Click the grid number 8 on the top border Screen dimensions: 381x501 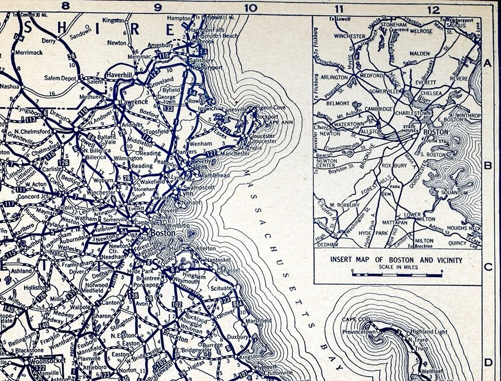[x=65, y=7]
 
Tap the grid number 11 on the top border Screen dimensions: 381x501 [x=339, y=8]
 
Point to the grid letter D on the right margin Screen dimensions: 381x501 [x=488, y=362]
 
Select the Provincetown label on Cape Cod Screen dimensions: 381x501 [x=359, y=332]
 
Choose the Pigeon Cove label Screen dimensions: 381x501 [x=271, y=107]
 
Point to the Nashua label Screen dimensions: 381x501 [x=10, y=86]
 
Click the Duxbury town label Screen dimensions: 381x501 [x=237, y=337]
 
